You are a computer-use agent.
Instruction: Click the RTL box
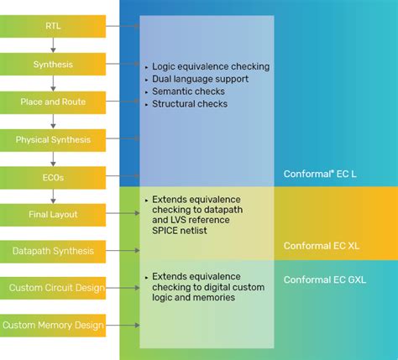pyautogui.click(x=53, y=27)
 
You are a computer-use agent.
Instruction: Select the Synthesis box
pyautogui.click(x=53, y=64)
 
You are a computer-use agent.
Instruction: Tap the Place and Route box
pyautogui.click(x=53, y=102)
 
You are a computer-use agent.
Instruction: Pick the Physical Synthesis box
pyautogui.click(x=53, y=139)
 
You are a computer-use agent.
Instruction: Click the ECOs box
pyautogui.click(x=53, y=177)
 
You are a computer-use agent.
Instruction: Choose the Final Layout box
pyautogui.click(x=53, y=214)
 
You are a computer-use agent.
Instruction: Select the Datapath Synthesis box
pyautogui.click(x=53, y=250)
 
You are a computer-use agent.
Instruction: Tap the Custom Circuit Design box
pyautogui.click(x=56, y=288)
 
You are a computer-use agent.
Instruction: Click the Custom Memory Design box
pyautogui.click(x=54, y=325)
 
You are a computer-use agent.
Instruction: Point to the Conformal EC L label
pyautogui.click(x=320, y=174)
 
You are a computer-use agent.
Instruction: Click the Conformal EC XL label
pyautogui.click(x=322, y=245)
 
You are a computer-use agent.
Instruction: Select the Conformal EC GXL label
pyautogui.click(x=326, y=279)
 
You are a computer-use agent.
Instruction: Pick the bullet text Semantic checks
pyautogui.click(x=190, y=91)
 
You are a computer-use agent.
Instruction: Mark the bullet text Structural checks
pyautogui.click(x=190, y=104)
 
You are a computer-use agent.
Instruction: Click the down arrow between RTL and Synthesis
pyautogui.click(x=53, y=45)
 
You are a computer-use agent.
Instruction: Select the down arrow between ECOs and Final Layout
pyautogui.click(x=53, y=196)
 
